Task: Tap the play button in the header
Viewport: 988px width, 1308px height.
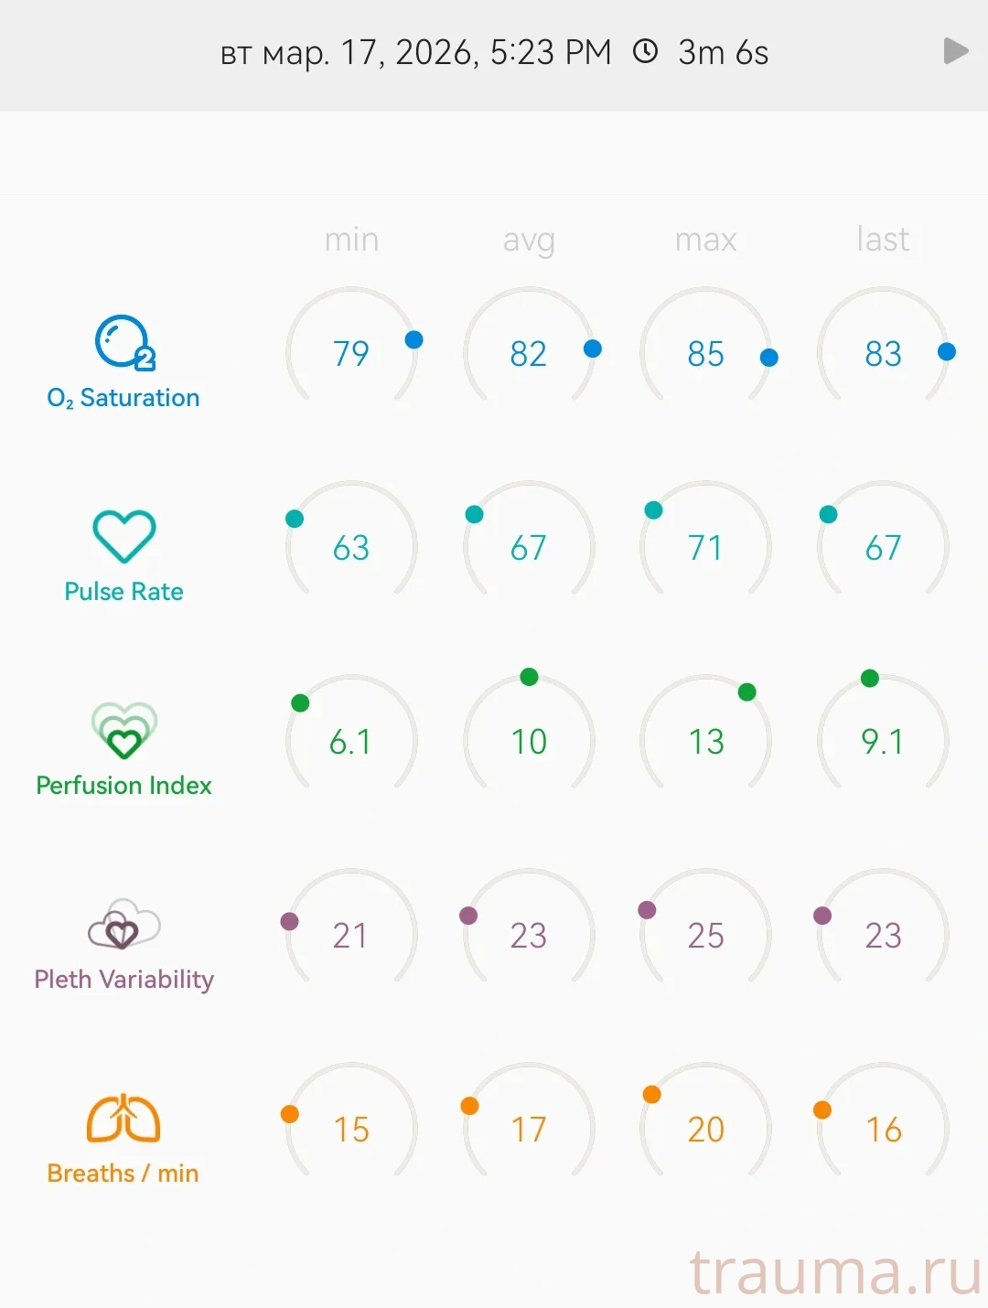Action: pyautogui.click(x=955, y=51)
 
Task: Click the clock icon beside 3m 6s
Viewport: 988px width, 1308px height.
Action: pyautogui.click(x=646, y=51)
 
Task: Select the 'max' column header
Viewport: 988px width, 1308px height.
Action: pyautogui.click(x=705, y=240)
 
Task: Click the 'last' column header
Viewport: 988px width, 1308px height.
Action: pyautogui.click(x=883, y=240)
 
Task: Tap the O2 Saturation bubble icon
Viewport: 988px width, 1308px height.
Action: pyautogui.click(x=124, y=343)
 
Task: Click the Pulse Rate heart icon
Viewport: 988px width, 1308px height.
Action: pyautogui.click(x=124, y=536)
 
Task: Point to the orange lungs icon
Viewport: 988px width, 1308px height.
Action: pyautogui.click(x=123, y=1118)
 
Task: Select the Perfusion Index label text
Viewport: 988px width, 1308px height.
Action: pyautogui.click(x=123, y=786)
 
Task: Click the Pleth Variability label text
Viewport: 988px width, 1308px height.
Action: pyautogui.click(x=123, y=980)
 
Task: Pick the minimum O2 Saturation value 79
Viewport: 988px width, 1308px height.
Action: pyautogui.click(x=351, y=354)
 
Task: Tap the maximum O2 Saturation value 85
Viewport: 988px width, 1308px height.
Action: pyautogui.click(x=705, y=354)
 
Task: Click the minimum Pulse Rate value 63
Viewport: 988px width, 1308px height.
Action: pyautogui.click(x=351, y=548)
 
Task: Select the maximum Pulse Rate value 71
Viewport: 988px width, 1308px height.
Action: pyautogui.click(x=705, y=548)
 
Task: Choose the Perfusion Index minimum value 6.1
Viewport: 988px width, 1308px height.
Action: pyautogui.click(x=351, y=742)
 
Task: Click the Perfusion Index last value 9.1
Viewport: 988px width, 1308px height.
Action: pyautogui.click(x=883, y=742)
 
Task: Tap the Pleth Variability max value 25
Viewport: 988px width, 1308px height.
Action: pyautogui.click(x=705, y=936)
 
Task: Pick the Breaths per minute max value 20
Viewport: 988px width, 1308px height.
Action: pyautogui.click(x=705, y=1130)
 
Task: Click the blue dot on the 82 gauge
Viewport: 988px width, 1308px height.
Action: pyautogui.click(x=593, y=348)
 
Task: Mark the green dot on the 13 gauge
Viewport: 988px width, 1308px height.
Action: pyautogui.click(x=747, y=692)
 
